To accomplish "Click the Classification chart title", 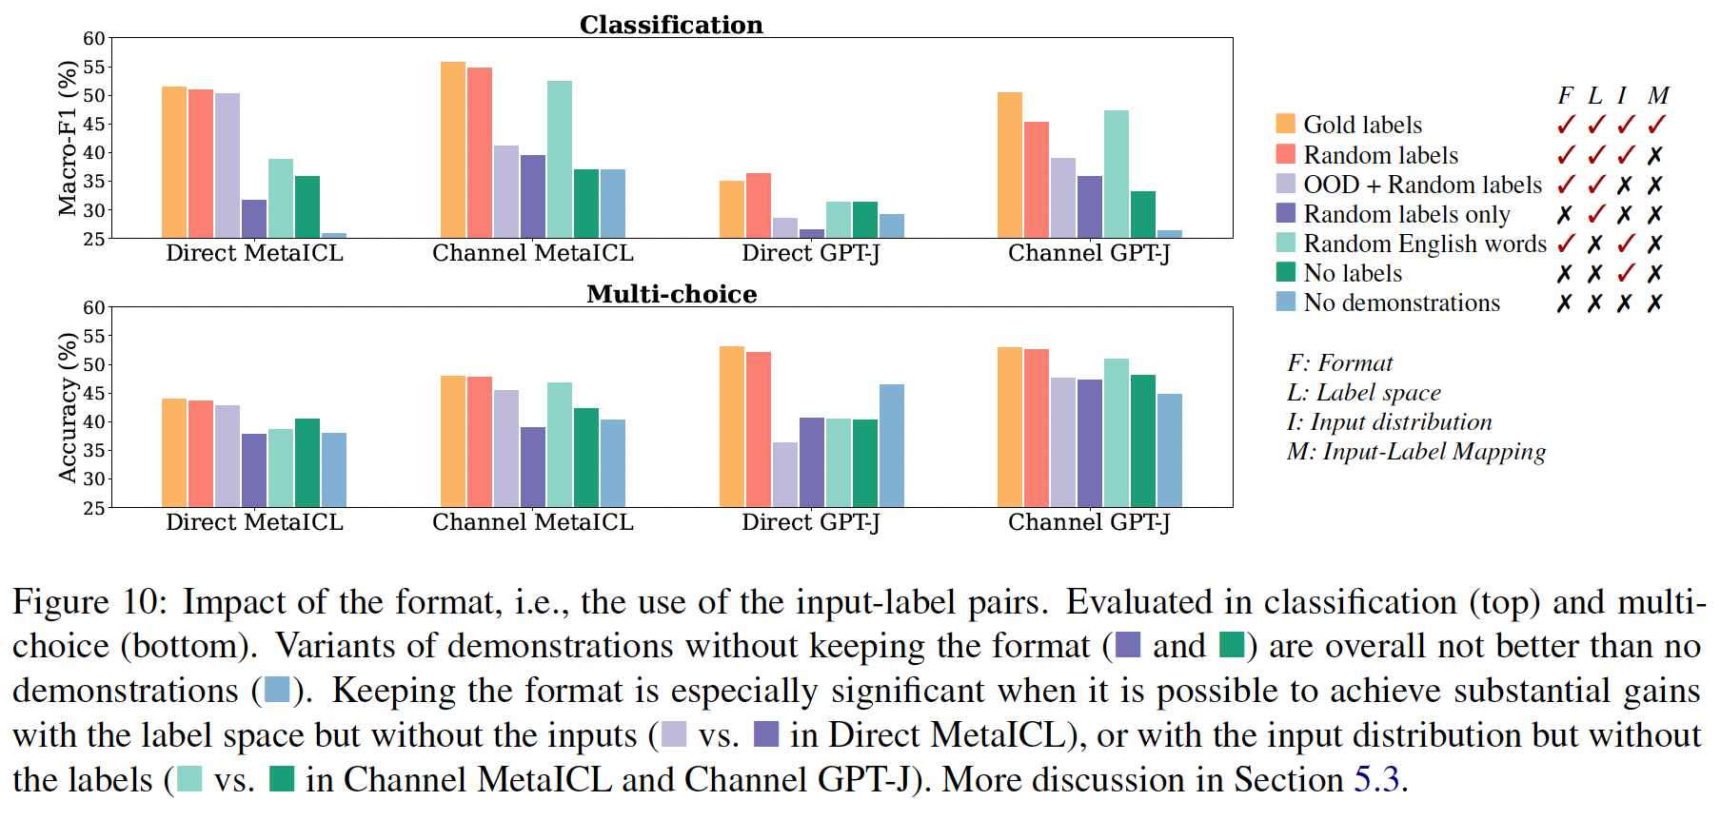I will click(671, 25).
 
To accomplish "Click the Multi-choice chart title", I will click(671, 294).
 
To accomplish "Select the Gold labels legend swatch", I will click(1285, 124).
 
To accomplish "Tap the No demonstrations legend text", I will click(1401, 303).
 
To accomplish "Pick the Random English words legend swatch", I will click(1285, 243).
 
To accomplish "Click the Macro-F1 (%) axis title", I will click(67, 138).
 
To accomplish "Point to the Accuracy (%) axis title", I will click(67, 407).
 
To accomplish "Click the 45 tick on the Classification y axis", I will click(94, 124).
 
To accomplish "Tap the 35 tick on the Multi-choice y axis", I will click(94, 450).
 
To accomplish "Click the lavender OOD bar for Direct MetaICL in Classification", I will click(227, 166).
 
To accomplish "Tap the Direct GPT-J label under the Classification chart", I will click(811, 253).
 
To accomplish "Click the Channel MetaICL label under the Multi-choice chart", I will click(532, 522).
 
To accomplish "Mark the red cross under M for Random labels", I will click(1656, 154).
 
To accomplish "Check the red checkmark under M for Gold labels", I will click(1657, 124).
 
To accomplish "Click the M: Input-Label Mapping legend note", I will click(1415, 452).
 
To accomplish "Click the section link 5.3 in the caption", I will click(1376, 780).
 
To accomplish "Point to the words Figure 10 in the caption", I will click(89, 602).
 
